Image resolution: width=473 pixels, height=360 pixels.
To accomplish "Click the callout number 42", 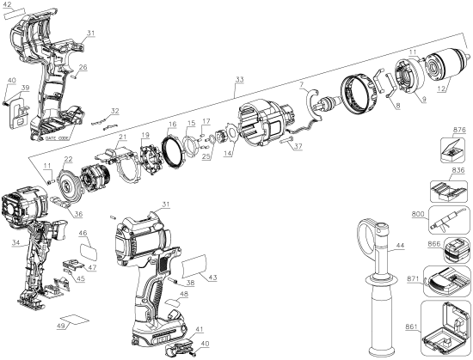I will (9, 5).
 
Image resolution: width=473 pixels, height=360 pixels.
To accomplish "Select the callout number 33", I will (239, 81).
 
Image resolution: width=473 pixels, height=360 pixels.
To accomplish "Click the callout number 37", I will (297, 147).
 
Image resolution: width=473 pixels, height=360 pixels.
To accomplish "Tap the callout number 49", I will (60, 326).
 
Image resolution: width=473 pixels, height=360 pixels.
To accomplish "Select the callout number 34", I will (16, 243).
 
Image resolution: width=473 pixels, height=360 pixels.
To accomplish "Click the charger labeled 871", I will (449, 284).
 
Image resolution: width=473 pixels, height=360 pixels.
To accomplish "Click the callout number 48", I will (184, 295).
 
